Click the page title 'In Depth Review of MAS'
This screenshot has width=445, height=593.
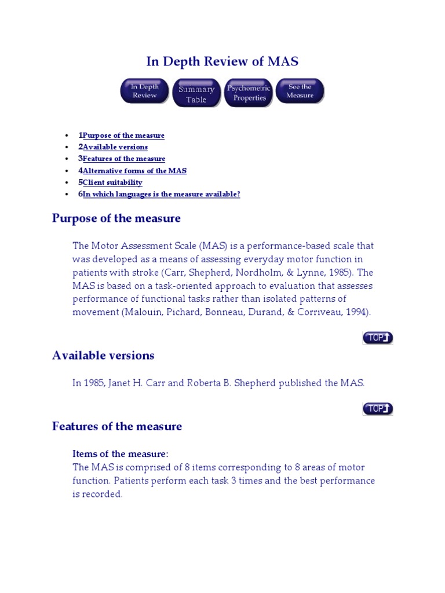pyautogui.click(x=222, y=61)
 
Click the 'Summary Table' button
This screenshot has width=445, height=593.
pyautogui.click(x=196, y=94)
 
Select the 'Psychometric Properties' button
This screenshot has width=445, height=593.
pyautogui.click(x=249, y=93)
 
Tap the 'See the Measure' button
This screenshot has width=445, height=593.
pyautogui.click(x=300, y=91)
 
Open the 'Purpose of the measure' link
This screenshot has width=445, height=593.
pyautogui.click(x=123, y=136)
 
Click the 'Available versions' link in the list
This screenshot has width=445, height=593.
pyautogui.click(x=115, y=147)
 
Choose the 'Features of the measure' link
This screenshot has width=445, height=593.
pyautogui.click(x=124, y=159)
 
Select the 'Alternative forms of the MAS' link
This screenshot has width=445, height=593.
pyautogui.click(x=134, y=171)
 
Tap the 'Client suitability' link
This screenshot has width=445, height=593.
pyautogui.click(x=112, y=182)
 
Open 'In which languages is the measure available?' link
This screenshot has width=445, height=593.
pyautogui.click(x=161, y=195)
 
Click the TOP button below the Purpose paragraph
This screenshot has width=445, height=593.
pyautogui.click(x=378, y=338)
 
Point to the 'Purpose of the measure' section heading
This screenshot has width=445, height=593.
pyautogui.click(x=116, y=218)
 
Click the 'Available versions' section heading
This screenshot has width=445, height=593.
pyautogui.click(x=103, y=356)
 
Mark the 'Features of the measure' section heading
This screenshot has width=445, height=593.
pyautogui.click(x=117, y=427)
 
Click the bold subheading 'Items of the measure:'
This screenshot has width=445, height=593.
pyautogui.click(x=120, y=453)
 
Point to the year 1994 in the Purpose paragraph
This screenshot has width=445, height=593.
pyautogui.click(x=357, y=312)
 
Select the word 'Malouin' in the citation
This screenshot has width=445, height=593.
pyautogui.click(x=136, y=312)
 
